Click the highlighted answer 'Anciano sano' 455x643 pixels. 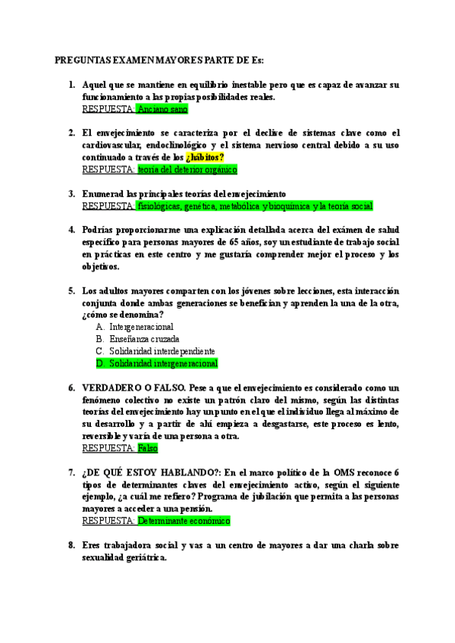click(x=162, y=109)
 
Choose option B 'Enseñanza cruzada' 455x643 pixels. click(x=144, y=339)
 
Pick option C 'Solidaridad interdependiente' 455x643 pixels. click(x=162, y=351)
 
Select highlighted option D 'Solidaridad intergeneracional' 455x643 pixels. click(x=163, y=363)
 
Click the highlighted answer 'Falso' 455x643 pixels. click(x=147, y=448)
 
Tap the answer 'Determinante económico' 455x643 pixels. click(x=183, y=521)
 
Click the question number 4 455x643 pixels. click(x=71, y=230)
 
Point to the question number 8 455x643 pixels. click(x=71, y=545)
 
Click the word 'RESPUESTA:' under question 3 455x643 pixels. click(x=108, y=205)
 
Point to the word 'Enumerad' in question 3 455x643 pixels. click(x=102, y=193)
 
